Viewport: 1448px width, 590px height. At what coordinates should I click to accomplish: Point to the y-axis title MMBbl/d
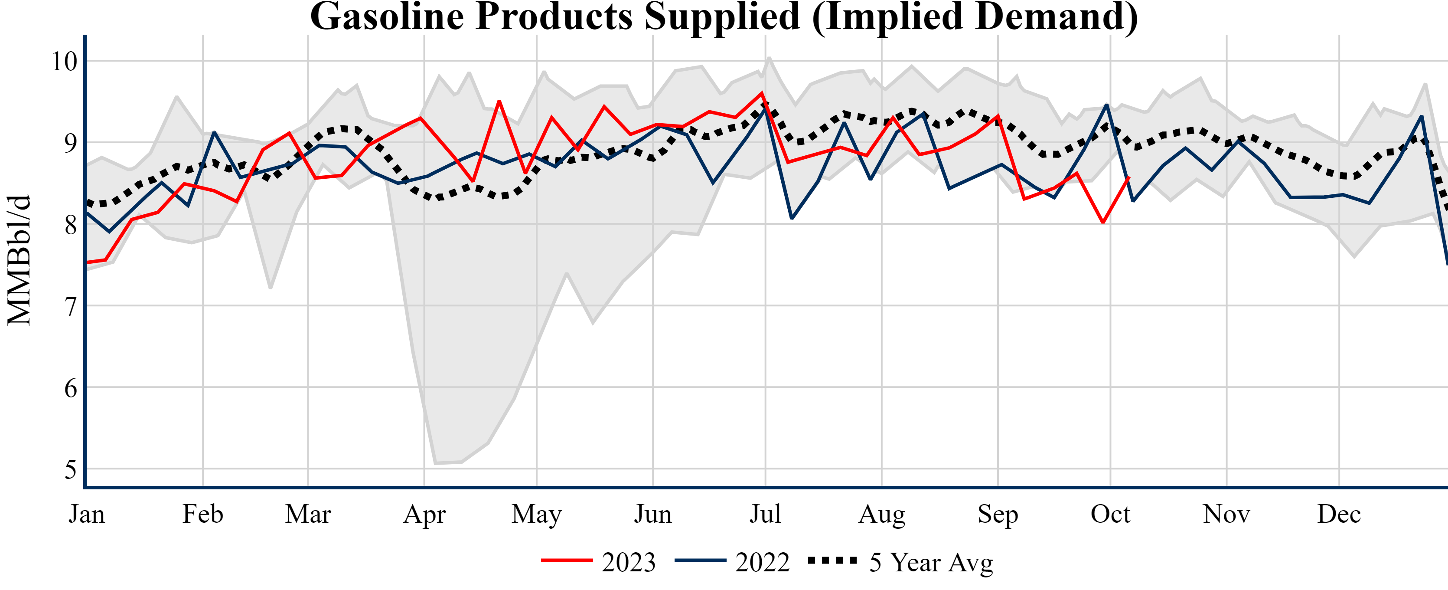19,260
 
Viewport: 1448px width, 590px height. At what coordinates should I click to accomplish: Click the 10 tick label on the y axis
64,61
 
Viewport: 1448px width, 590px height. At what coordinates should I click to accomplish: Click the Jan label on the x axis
87,514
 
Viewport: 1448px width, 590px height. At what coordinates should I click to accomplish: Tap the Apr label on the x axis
424,514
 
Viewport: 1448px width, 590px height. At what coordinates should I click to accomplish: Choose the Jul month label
765,514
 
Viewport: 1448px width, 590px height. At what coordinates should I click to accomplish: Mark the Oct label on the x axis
1110,514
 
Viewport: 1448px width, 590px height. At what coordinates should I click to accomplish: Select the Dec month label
1339,514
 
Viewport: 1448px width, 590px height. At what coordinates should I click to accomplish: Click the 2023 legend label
629,562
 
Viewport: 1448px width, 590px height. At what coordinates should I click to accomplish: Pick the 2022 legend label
762,562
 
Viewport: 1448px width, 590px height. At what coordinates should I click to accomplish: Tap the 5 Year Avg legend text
931,562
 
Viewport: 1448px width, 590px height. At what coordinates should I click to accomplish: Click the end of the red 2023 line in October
1129,178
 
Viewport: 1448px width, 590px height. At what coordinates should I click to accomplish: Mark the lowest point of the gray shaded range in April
436,463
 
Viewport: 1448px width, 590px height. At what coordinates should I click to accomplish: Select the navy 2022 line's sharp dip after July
792,218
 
